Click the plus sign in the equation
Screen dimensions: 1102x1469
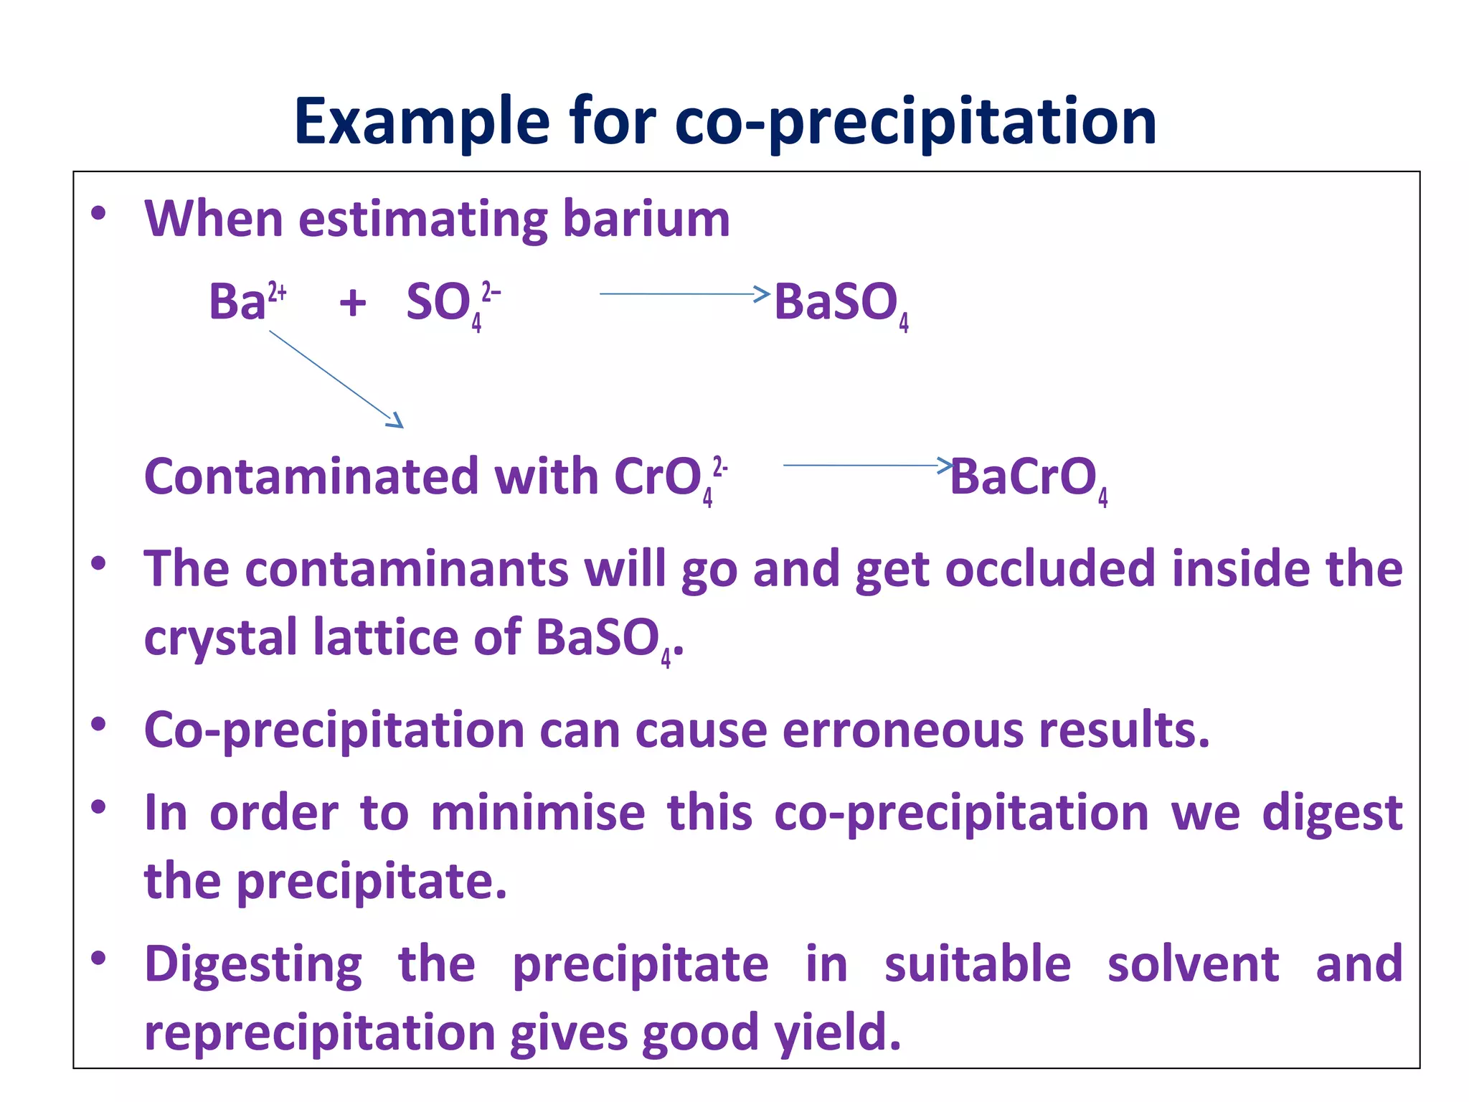[x=352, y=302]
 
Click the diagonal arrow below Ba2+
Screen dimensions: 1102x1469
[x=336, y=379]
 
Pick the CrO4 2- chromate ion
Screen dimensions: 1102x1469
[x=670, y=478]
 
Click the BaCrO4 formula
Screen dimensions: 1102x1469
[x=1028, y=478]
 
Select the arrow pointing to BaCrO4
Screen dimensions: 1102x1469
[x=867, y=465]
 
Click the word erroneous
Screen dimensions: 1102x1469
[x=902, y=730]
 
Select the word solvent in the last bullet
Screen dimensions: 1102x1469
[x=1193, y=964]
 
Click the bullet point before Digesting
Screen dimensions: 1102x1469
[x=99, y=959]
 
